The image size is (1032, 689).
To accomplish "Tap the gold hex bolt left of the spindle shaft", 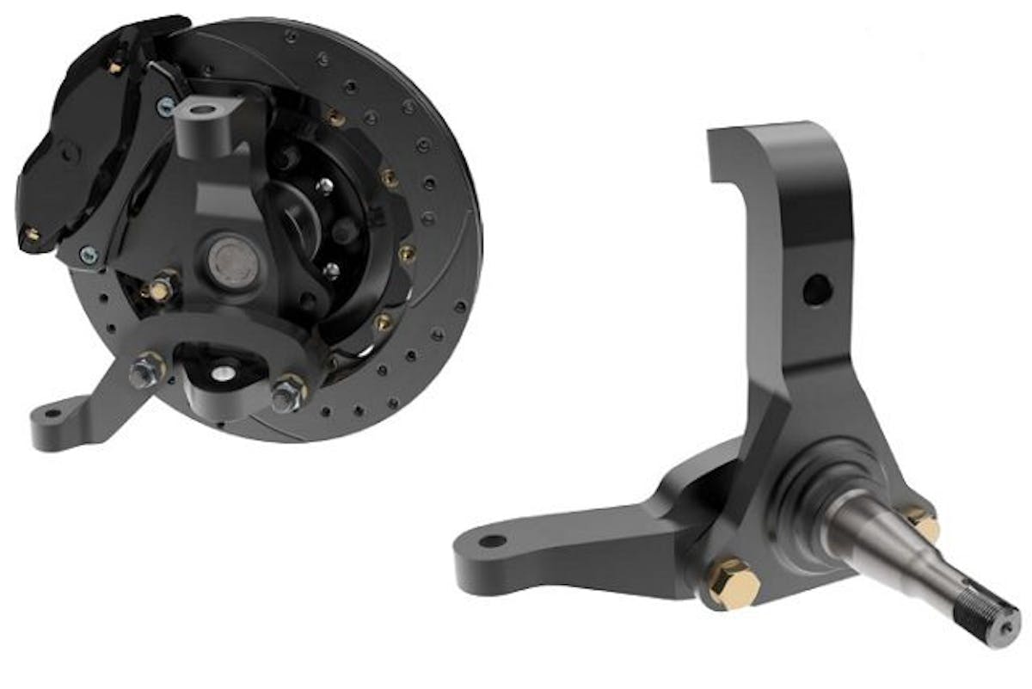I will click(734, 586).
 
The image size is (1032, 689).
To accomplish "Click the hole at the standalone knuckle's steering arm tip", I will click(493, 543).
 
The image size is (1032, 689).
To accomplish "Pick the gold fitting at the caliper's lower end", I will click(31, 233).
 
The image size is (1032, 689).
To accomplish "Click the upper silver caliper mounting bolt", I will click(164, 106).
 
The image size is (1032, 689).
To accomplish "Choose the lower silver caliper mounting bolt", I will click(89, 253).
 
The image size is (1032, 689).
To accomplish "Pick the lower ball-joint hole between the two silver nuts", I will click(222, 372).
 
